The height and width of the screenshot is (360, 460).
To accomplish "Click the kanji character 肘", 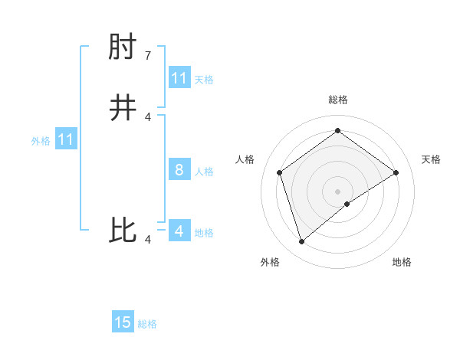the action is click(123, 50).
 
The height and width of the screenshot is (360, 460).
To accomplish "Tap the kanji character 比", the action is click(123, 231).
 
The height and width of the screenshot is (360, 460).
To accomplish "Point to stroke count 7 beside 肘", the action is click(148, 56).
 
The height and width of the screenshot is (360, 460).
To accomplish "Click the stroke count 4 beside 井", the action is click(148, 116).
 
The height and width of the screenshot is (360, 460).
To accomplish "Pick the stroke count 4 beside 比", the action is click(148, 240).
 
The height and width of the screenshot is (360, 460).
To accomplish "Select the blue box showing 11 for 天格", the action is click(179, 78).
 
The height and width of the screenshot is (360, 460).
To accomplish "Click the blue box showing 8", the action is click(179, 170).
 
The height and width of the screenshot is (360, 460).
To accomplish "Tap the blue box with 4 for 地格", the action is click(179, 231).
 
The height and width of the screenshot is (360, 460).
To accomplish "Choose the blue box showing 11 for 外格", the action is click(66, 140).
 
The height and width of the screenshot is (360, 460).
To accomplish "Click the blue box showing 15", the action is click(123, 322).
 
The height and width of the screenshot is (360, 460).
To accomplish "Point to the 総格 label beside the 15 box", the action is click(147, 324).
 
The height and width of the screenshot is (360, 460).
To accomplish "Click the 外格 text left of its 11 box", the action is click(41, 141).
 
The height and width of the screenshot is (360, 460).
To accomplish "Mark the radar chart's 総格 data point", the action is click(337, 130).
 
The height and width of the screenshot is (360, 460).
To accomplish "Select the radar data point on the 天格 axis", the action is click(396, 172).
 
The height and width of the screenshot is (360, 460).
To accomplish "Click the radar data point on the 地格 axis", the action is click(347, 204).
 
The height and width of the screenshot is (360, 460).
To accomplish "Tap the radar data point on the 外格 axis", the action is click(302, 242).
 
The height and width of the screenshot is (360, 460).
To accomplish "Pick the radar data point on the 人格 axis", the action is click(280, 172).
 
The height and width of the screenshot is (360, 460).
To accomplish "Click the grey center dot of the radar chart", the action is click(337, 191).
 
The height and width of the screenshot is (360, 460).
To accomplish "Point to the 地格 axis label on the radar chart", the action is click(402, 263).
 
